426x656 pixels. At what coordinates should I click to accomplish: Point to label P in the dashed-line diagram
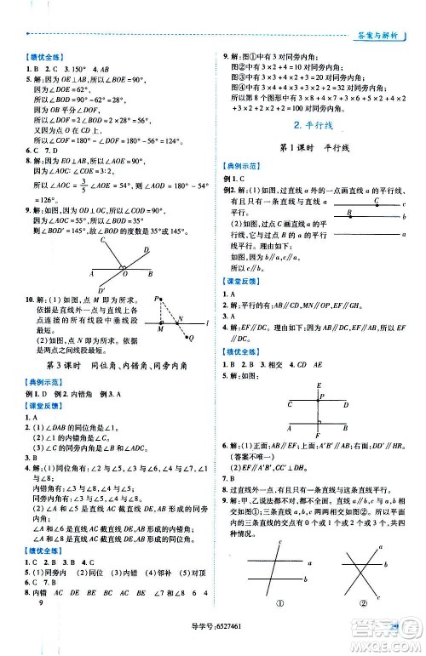click(157, 299)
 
